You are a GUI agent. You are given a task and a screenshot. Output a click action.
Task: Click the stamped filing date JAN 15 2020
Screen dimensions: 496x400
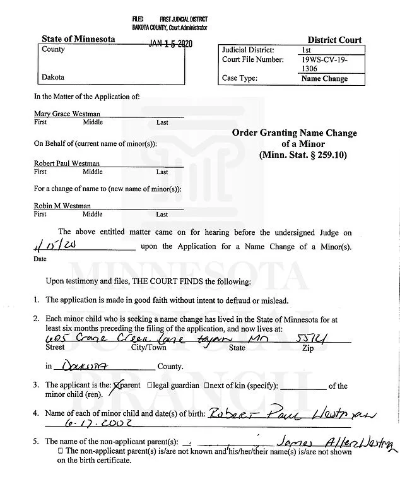(x=170, y=44)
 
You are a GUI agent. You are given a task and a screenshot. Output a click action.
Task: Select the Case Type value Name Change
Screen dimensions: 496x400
(x=324, y=79)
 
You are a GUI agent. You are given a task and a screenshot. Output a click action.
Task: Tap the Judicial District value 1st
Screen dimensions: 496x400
(x=307, y=49)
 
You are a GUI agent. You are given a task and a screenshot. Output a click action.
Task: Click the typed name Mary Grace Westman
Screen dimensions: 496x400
(x=67, y=114)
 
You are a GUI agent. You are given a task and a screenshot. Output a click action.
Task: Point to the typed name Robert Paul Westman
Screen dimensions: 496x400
(x=67, y=163)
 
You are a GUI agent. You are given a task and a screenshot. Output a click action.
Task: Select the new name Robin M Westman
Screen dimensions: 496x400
(x=62, y=206)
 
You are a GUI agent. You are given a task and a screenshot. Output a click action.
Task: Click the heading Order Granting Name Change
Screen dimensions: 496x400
(x=294, y=133)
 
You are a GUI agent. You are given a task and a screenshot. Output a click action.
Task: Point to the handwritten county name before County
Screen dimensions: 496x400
(x=82, y=365)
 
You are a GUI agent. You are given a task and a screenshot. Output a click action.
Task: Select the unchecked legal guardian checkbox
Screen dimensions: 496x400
(x=150, y=386)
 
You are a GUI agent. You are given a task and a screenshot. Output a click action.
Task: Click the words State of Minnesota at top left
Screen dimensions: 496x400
(x=78, y=39)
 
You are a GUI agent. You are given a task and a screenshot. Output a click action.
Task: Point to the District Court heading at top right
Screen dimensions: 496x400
(x=334, y=40)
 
